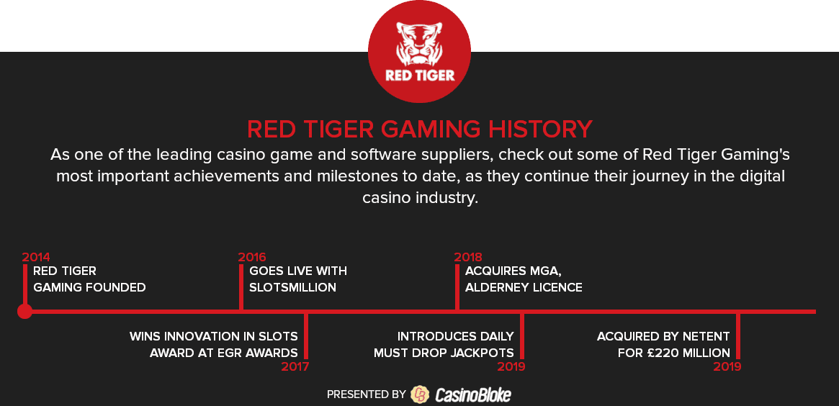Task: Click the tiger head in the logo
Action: point(419,43)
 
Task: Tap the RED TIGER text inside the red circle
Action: point(419,75)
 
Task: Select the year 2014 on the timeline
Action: point(37,257)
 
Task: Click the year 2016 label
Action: point(252,257)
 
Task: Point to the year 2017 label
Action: point(295,366)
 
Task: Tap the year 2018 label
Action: point(468,257)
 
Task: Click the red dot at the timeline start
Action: point(24,311)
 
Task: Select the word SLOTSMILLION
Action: point(292,287)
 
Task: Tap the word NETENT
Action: point(706,336)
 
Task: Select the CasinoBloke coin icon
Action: point(420,394)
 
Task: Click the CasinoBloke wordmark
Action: point(473,394)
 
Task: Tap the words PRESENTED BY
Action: point(367,394)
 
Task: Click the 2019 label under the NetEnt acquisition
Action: point(727,366)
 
